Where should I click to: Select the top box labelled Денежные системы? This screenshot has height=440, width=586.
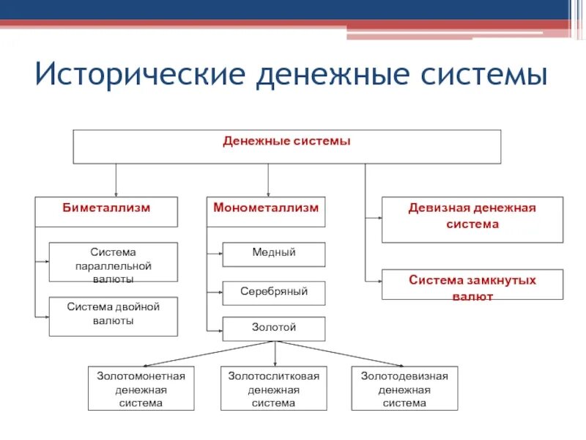point(286,147)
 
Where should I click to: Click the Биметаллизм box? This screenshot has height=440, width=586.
point(106,212)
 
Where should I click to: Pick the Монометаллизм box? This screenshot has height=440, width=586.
point(266,212)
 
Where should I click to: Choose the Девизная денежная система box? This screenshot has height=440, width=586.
point(472,219)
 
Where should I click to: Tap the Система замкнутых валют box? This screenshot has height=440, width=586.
point(472,285)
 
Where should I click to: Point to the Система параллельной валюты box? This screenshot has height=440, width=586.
point(113,262)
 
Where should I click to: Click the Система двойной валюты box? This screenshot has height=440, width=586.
point(113,316)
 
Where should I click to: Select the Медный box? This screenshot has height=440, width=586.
point(273,254)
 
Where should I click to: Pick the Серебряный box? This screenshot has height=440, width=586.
point(273,293)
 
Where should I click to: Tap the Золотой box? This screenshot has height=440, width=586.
point(273,329)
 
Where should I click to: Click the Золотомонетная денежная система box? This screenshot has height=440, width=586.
point(141,389)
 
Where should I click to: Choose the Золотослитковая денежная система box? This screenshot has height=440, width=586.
point(273,389)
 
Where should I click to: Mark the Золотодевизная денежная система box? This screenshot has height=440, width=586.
point(404,389)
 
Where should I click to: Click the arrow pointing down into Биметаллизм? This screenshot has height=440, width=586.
point(116,180)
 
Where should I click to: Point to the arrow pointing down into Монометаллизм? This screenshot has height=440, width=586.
point(267,180)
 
